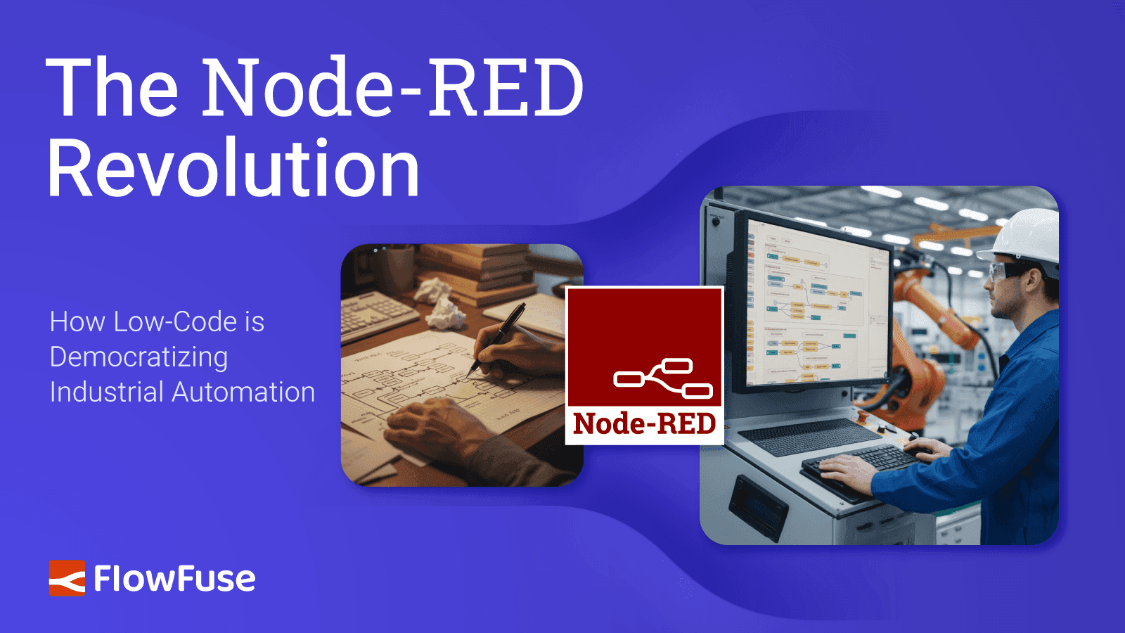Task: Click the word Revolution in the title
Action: tap(233, 169)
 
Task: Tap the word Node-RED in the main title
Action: tap(392, 88)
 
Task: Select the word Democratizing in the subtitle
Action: tap(139, 357)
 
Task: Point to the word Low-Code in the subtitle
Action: tap(175, 322)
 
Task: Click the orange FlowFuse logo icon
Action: tap(67, 578)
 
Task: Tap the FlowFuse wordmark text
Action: tap(174, 579)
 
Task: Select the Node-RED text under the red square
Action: tap(644, 424)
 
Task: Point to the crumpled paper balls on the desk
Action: tap(440, 302)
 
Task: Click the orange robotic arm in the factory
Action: tap(928, 331)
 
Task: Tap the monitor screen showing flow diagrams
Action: tap(816, 302)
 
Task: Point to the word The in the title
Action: tap(112, 88)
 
